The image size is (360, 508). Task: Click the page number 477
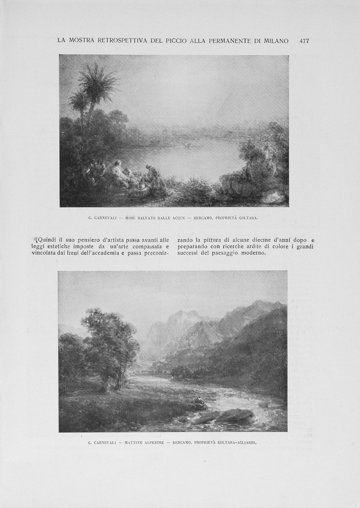click(x=304, y=41)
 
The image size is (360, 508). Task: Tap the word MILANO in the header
click(x=275, y=41)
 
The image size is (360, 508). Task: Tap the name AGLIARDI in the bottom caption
click(x=245, y=442)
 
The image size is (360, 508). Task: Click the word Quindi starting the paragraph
click(x=47, y=240)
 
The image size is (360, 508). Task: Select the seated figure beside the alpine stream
click(x=198, y=403)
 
